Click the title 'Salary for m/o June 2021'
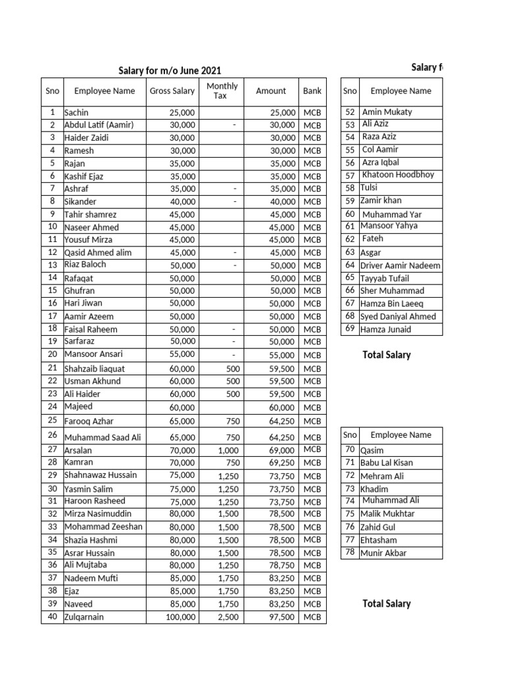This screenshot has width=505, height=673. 170,70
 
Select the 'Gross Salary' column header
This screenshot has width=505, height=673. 172,91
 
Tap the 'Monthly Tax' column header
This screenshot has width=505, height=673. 222,91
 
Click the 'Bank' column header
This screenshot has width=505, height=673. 312,91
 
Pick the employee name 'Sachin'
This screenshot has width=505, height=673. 76,112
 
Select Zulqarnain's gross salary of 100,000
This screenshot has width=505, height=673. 180,617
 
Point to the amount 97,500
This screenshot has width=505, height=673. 282,617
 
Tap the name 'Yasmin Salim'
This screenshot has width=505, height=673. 88,489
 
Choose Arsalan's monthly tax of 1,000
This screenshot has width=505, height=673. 228,451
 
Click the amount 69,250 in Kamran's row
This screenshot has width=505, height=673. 282,463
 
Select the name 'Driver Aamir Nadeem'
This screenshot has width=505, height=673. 400,266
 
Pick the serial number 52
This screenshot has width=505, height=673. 350,112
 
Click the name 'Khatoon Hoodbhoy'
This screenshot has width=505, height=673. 398,175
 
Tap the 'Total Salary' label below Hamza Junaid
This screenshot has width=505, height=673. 387,355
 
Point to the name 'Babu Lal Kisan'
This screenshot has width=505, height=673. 387,463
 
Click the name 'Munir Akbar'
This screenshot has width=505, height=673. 383,553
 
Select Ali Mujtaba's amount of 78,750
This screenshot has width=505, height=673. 282,565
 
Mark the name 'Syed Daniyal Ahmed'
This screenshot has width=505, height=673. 398,316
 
